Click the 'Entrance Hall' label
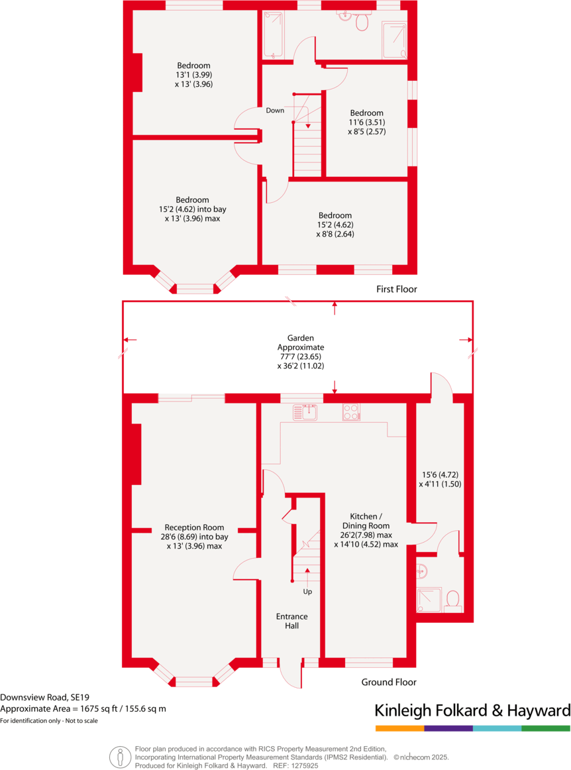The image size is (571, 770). (291, 621)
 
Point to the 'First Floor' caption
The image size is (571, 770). (396, 290)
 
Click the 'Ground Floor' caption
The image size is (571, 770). (389, 682)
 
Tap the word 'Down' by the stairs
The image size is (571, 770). (275, 111)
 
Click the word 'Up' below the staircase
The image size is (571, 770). (307, 591)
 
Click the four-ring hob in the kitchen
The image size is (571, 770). (351, 412)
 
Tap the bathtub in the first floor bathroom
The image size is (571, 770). (274, 34)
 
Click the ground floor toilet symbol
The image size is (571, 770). (454, 600)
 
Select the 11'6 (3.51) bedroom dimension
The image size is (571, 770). (367, 122)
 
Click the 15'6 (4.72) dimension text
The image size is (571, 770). (441, 474)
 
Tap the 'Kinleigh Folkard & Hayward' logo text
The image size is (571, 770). (472, 711)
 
